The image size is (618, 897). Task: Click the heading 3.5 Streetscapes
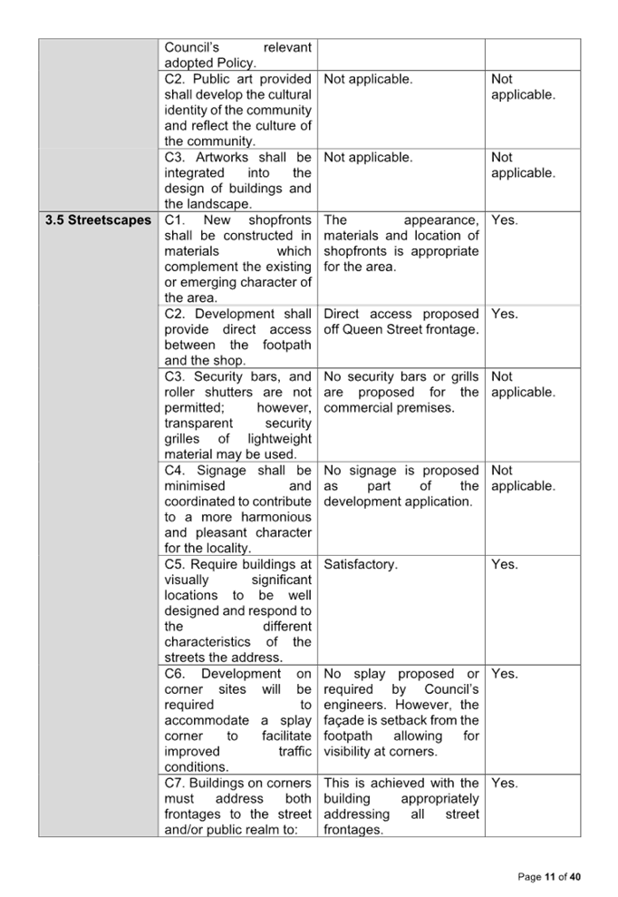pyautogui.click(x=99, y=220)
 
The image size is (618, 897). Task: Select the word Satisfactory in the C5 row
pyautogui.click(x=359, y=564)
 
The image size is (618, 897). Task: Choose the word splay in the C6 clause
pyautogui.click(x=295, y=720)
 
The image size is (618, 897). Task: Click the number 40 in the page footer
pyautogui.click(x=575, y=876)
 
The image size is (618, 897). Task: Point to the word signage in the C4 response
pyautogui.click(x=374, y=470)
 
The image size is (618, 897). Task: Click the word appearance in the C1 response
pyautogui.click(x=441, y=220)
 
